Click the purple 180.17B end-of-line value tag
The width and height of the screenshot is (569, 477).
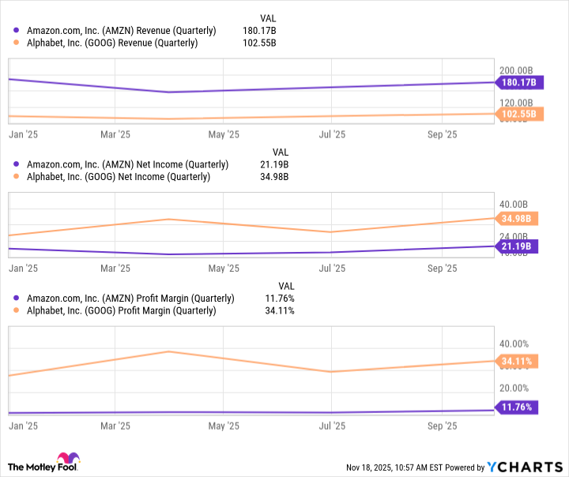coord(518,81)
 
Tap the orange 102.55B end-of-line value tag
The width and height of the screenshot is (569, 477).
coord(518,114)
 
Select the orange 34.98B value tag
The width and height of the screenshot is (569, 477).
coord(518,218)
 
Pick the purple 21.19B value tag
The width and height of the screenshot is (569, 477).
coord(518,246)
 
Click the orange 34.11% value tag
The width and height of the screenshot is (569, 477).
coord(518,361)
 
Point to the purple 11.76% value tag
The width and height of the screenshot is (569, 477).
coord(518,408)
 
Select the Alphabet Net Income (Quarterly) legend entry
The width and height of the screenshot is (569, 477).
coord(119,177)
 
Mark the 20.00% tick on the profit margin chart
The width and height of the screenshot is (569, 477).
coord(516,388)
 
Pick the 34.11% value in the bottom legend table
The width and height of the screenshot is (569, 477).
coord(279,311)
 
